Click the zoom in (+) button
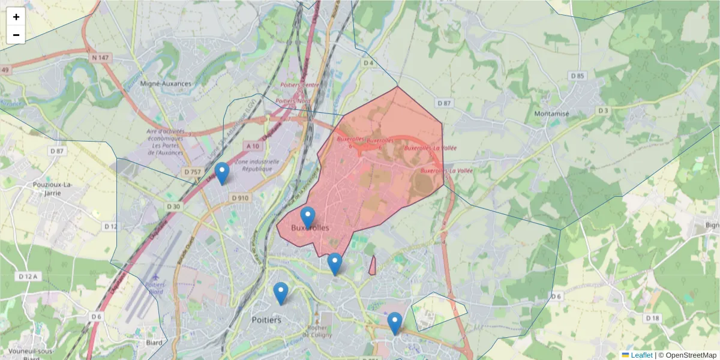pyautogui.click(x=16, y=17)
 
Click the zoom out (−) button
pyautogui.click(x=16, y=35)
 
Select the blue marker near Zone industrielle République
pyautogui.click(x=222, y=173)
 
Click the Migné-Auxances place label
pyautogui.click(x=165, y=84)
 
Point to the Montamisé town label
pyautogui.click(x=551, y=113)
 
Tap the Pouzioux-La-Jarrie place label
pyautogui.click(x=53, y=188)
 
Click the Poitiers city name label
pyautogui.click(x=267, y=320)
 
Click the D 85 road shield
pyautogui.click(x=577, y=76)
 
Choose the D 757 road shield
pyautogui.click(x=192, y=172)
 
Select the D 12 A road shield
pyautogui.click(x=28, y=276)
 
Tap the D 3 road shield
pyautogui.click(x=603, y=111)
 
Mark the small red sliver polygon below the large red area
pyautogui.click(x=373, y=266)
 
